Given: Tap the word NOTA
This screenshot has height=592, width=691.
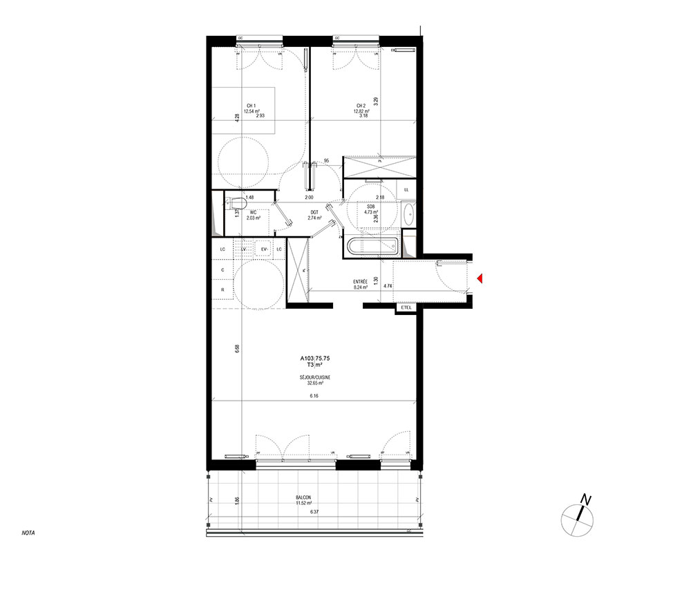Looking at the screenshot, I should tap(28, 533).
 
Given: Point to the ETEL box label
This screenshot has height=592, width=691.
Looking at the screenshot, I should tap(406, 308).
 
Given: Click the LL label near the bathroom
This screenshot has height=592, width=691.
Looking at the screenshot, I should tap(406, 189).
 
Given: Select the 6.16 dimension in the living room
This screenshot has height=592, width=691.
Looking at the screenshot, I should tap(314, 396).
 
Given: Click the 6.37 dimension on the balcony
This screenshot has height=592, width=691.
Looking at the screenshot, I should tap(314, 512).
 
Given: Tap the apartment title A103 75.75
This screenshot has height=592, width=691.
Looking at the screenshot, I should tap(314, 358).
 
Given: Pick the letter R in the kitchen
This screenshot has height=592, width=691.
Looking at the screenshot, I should tap(223, 289).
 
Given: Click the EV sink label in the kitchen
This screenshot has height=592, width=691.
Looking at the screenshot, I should tap(264, 249).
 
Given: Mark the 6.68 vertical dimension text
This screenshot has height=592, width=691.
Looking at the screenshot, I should tap(236, 349).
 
